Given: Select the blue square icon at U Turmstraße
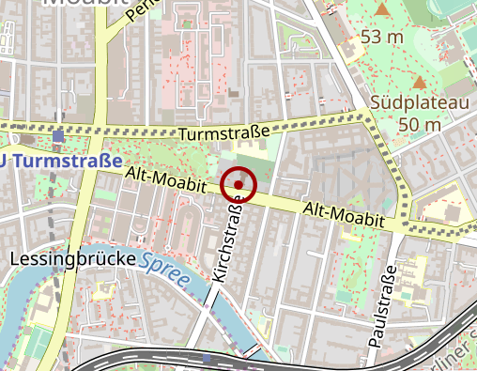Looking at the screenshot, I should pos(58,136).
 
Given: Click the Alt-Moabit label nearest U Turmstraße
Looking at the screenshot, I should pos(165,178).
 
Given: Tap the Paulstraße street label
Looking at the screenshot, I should pos(383,309).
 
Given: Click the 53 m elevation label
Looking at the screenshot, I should pos(382,37).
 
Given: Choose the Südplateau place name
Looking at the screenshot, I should pos(407,101).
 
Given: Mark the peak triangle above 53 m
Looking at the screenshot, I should pos(382,10).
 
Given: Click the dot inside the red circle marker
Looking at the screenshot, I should pos(239,185).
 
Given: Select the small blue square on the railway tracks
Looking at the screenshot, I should pos(207,358).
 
